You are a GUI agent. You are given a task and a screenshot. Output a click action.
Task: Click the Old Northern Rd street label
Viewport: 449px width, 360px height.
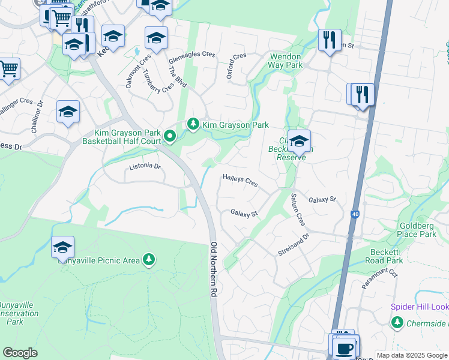tap(214, 269)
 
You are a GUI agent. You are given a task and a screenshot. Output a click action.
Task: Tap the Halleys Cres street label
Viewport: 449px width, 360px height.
tap(240, 180)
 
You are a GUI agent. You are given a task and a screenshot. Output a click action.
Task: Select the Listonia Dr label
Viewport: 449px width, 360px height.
tap(146, 166)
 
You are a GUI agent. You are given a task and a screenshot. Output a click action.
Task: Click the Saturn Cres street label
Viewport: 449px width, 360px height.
tap(298, 209)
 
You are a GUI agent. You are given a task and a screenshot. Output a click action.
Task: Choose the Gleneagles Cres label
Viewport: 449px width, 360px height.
tap(191, 54)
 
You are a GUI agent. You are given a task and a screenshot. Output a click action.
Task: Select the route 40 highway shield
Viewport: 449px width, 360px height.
tap(355, 214)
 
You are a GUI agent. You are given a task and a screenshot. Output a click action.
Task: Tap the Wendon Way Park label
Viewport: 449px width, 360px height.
tap(285, 60)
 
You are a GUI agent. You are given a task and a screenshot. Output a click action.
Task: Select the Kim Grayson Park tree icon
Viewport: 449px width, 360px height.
tap(193, 124)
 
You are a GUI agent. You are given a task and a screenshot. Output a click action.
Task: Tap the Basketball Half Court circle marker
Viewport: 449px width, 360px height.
tap(170, 136)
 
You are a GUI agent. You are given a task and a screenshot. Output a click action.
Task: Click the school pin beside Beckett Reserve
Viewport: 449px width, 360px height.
tap(298, 142)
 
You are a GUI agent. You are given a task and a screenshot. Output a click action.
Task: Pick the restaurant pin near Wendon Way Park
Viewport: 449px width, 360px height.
tap(329, 40)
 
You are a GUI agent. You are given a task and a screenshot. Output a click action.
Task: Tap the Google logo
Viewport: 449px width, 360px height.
tap(20, 353)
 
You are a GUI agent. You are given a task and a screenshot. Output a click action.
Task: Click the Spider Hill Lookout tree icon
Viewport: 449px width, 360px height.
tap(397, 323)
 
